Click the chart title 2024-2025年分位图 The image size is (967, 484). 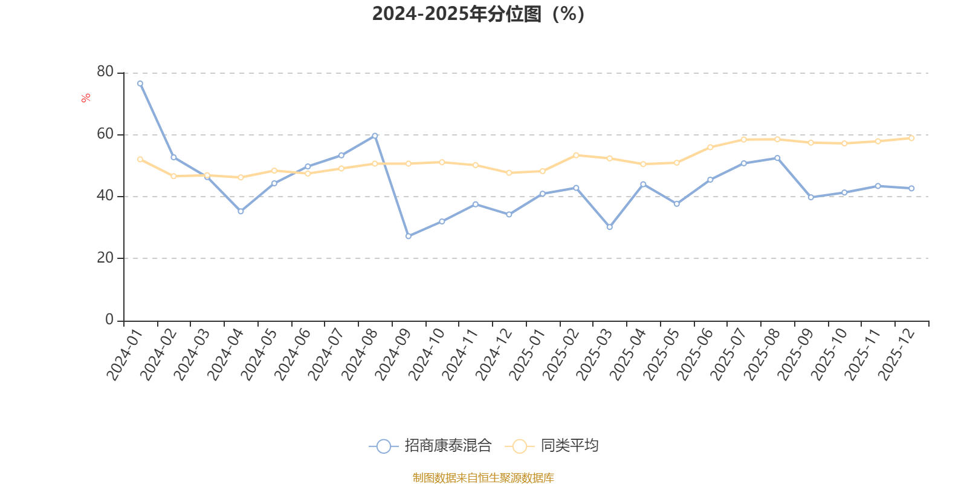[478, 14]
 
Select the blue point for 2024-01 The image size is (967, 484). [140, 83]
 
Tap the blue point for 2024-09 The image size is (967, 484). [408, 236]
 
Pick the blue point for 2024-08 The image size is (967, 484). [375, 136]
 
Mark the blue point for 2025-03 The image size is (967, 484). [609, 227]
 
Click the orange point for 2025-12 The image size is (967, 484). [911, 138]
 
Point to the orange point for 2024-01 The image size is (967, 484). [140, 159]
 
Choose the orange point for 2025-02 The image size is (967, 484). [576, 155]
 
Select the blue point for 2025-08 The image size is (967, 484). [777, 158]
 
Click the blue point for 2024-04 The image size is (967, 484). [241, 211]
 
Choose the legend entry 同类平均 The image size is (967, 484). [555, 446]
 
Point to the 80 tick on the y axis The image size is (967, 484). [105, 72]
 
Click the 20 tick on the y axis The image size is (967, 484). [105, 258]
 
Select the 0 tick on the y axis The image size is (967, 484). [109, 319]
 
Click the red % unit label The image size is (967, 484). [86, 97]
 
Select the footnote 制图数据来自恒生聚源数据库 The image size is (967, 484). [483, 478]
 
